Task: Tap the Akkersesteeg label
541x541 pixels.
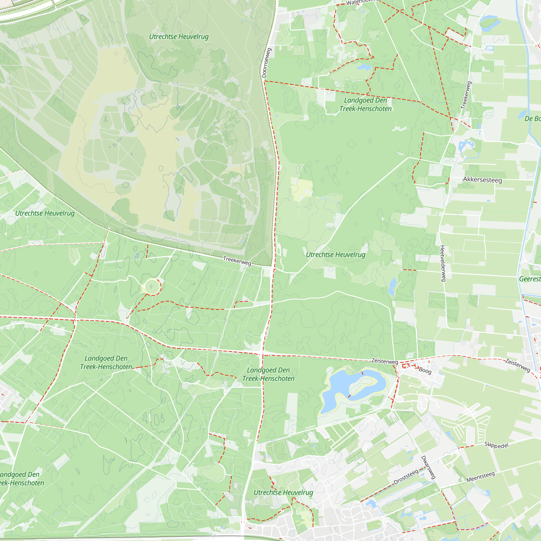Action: (x=482, y=180)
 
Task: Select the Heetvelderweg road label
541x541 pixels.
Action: (x=443, y=263)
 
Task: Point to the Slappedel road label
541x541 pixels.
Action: (x=496, y=445)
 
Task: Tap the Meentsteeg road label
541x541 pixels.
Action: (x=480, y=477)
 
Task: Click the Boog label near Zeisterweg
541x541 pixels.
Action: (x=425, y=371)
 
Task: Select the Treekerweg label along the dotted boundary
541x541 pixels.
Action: (x=237, y=261)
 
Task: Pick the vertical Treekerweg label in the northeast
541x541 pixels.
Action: (x=467, y=95)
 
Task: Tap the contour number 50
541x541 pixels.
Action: (x=137, y=256)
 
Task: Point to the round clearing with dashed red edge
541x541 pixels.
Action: (x=151, y=287)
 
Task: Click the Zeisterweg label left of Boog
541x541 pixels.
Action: (x=384, y=361)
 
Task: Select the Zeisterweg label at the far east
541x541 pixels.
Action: (x=517, y=366)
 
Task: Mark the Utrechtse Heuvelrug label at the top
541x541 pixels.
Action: (x=179, y=37)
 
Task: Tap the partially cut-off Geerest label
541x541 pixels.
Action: (x=530, y=279)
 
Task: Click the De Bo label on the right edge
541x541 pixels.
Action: (x=532, y=119)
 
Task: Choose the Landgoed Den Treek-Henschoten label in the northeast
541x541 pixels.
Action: (x=365, y=104)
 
